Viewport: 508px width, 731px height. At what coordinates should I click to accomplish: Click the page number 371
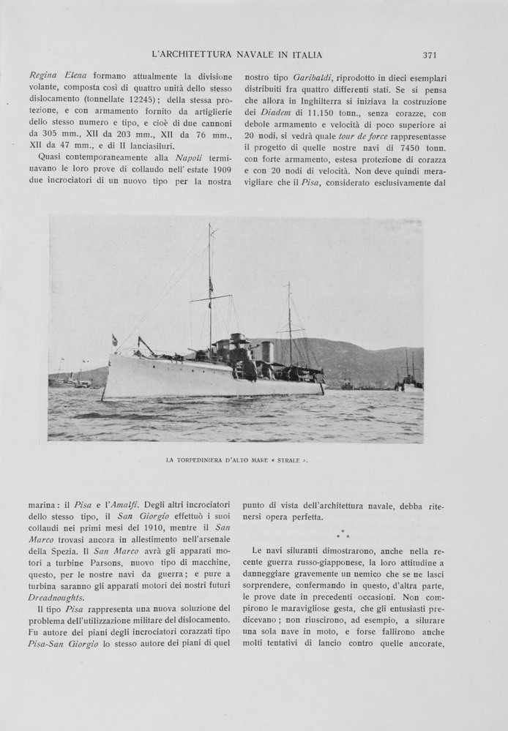(430, 55)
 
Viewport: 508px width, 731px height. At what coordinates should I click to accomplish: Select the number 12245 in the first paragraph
(156, 99)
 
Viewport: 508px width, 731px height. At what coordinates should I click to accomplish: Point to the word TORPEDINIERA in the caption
(203, 461)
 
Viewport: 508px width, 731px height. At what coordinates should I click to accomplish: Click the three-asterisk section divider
(342, 535)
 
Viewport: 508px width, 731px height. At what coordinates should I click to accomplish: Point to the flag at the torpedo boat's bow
(114, 340)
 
